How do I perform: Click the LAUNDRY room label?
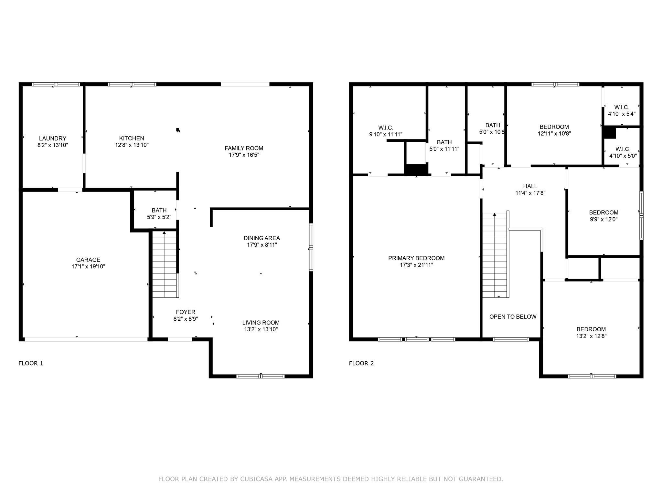tap(52, 139)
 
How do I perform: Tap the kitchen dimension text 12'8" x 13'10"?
tap(132, 145)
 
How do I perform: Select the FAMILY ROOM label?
tap(244, 148)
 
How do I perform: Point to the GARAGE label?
tap(88, 260)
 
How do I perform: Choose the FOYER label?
tap(186, 312)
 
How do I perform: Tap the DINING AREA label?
tap(262, 238)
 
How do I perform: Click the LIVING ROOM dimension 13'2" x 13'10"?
tap(261, 329)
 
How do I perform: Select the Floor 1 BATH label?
tap(159, 210)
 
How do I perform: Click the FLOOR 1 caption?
tap(31, 363)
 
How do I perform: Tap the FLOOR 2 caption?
tap(361, 363)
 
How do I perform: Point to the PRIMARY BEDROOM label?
tap(416, 258)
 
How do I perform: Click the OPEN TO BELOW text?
tap(513, 317)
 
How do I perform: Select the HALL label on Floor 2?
tap(530, 186)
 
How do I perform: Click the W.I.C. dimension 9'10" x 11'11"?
tap(386, 135)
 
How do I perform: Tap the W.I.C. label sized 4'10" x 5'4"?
tap(622, 107)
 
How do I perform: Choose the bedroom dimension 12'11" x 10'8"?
tap(554, 133)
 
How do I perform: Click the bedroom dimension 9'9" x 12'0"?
tap(603, 219)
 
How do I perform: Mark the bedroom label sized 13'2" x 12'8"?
tap(591, 329)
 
